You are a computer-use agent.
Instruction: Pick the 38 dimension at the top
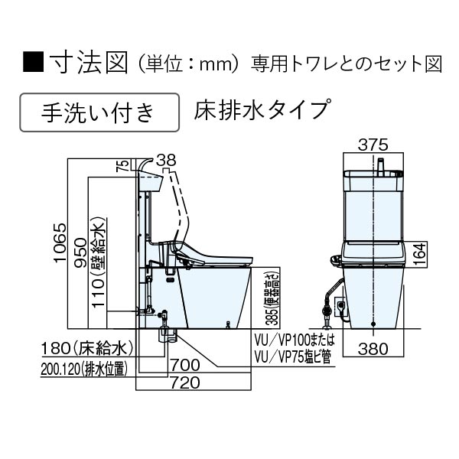[165, 160]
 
